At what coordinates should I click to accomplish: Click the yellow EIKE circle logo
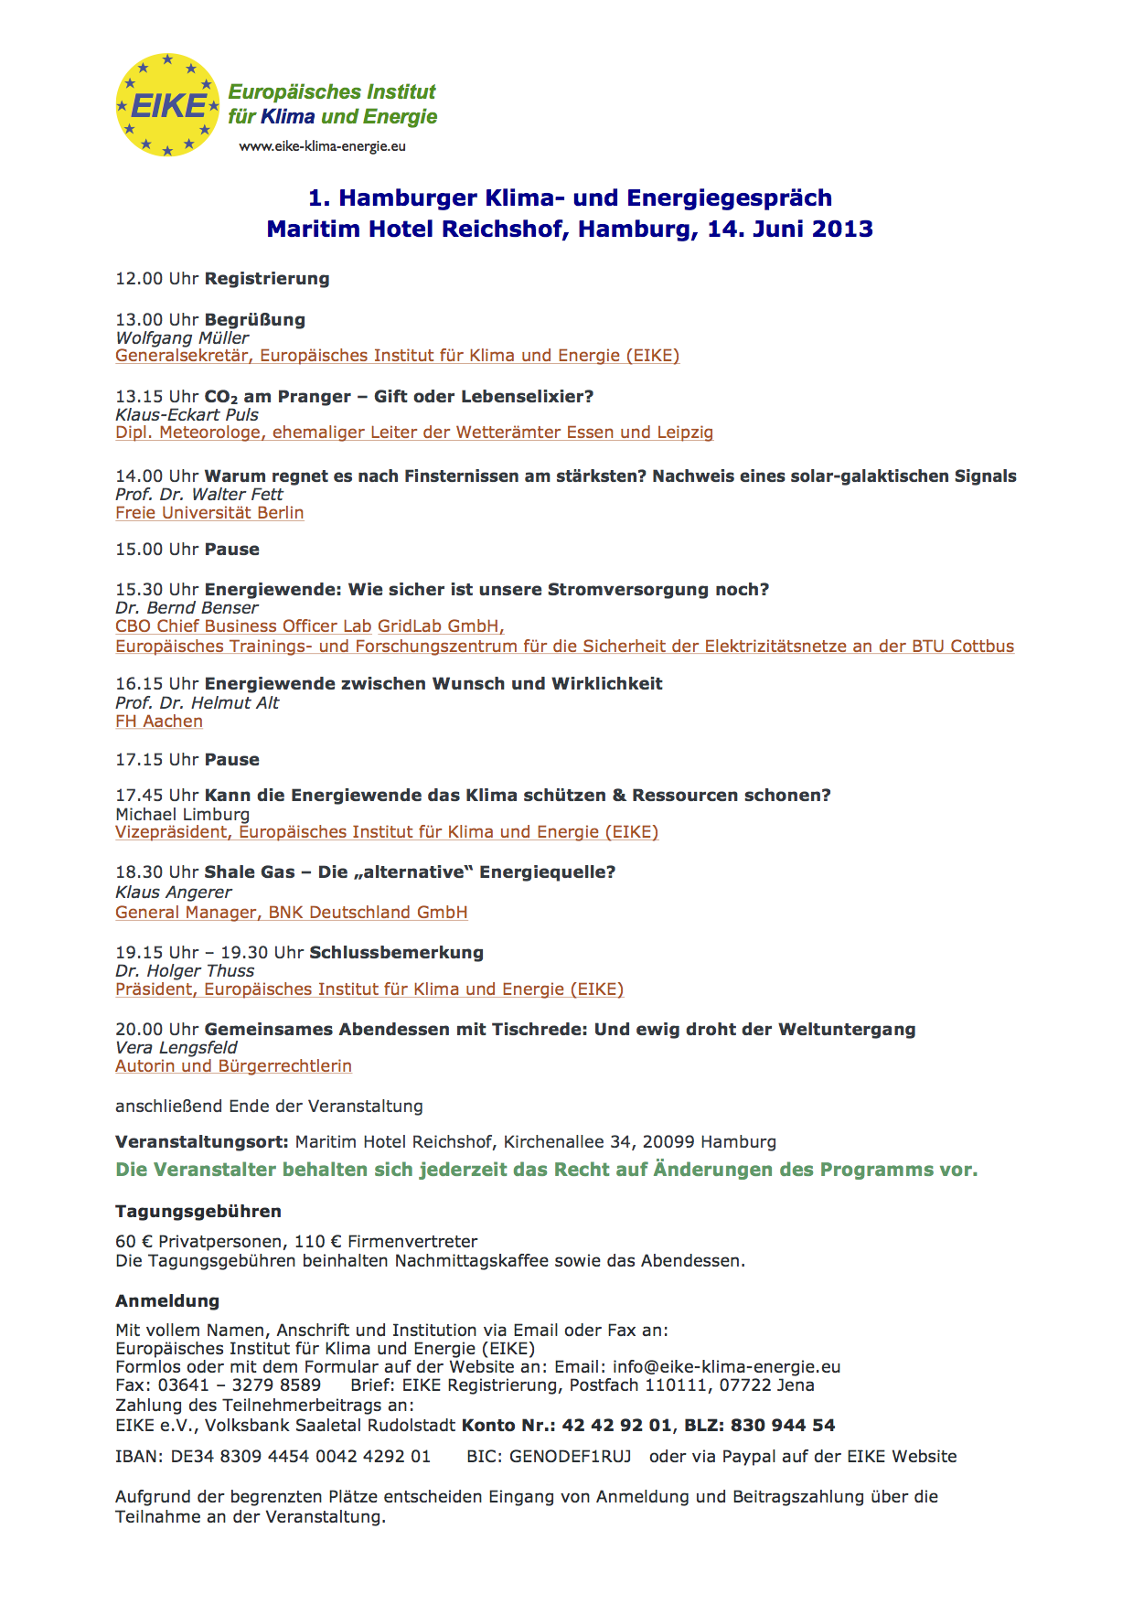click(167, 105)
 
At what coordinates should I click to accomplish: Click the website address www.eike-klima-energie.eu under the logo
click(322, 146)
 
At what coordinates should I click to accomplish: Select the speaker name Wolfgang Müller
click(182, 337)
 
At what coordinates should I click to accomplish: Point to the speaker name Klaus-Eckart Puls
click(187, 414)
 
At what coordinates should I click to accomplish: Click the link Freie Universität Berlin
click(209, 513)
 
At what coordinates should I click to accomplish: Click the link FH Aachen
click(159, 722)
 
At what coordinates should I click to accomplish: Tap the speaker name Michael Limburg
click(182, 814)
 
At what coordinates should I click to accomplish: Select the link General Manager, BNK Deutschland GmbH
click(291, 913)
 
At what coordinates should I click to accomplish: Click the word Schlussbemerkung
click(396, 953)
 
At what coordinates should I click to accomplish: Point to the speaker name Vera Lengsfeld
click(176, 1048)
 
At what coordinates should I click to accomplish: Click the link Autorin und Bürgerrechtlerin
click(233, 1066)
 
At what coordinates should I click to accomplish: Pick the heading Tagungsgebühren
click(198, 1212)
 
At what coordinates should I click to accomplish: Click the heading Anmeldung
click(167, 1301)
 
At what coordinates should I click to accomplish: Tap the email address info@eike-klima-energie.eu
click(726, 1367)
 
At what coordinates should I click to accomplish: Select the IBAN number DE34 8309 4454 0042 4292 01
click(300, 1457)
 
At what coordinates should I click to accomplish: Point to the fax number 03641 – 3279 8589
click(240, 1385)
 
